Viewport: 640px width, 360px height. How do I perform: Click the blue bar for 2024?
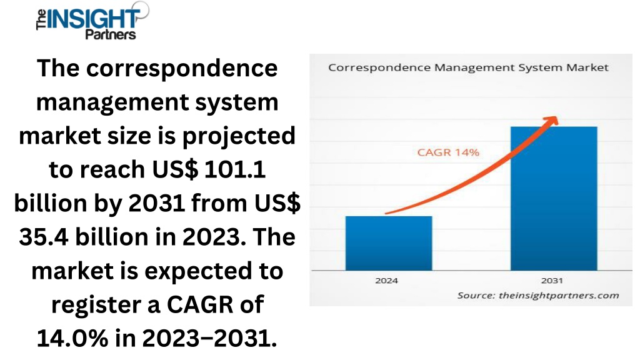coord(389,243)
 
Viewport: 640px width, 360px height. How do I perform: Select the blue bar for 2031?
coord(554,198)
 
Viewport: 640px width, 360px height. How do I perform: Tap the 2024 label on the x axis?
coord(386,281)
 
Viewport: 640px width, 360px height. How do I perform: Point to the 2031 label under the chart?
coord(552,281)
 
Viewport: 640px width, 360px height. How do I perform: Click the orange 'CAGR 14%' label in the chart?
coord(447,152)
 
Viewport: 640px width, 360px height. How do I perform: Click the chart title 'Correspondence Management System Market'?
coord(468,67)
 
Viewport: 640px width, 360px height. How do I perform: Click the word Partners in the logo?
coord(110,34)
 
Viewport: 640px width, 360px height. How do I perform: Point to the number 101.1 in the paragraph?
coord(235,169)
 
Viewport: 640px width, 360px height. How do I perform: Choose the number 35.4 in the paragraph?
coord(44,237)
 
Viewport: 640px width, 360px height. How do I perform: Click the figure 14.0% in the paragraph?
coord(72,338)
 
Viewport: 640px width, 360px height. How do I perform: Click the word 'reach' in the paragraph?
coord(112,169)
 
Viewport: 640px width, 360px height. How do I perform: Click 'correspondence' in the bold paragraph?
coord(182,69)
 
